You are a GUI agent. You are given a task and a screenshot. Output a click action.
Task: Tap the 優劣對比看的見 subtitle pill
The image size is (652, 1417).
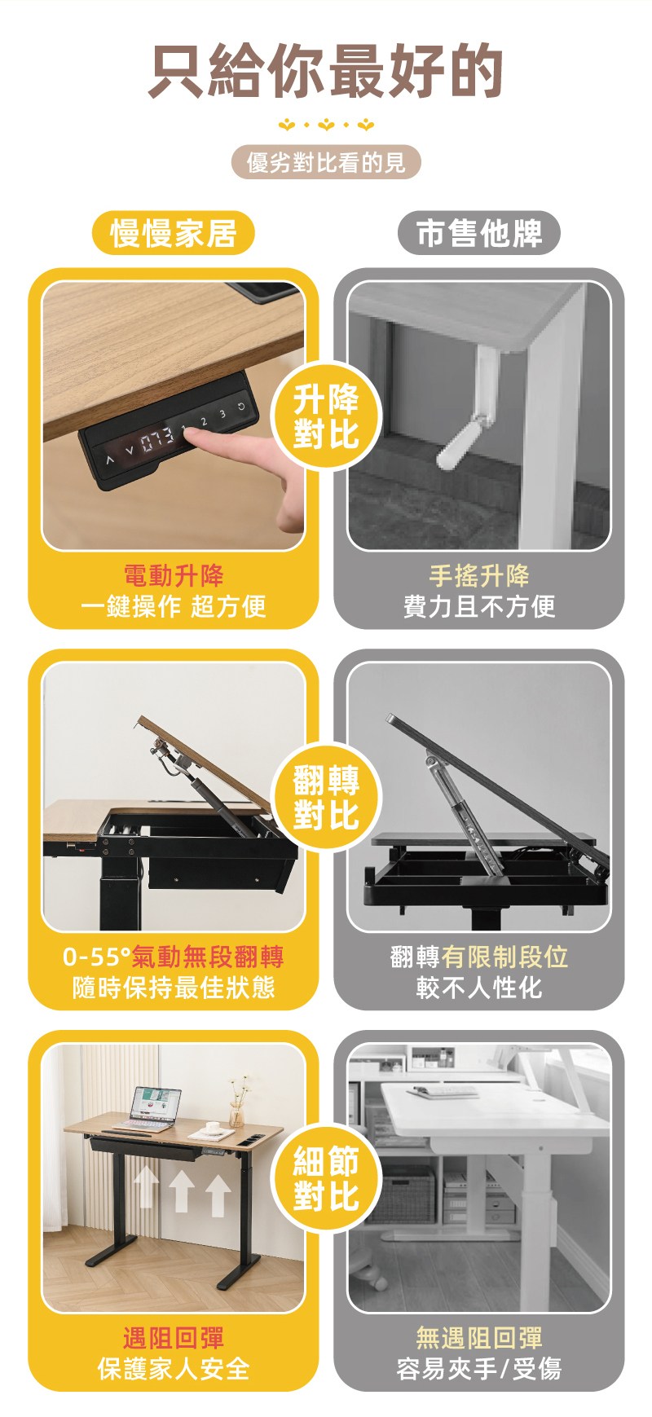[326, 163]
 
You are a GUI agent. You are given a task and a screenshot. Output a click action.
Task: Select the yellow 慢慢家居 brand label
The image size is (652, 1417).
[173, 234]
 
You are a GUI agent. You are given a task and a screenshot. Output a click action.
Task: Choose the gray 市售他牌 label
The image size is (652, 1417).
[479, 233]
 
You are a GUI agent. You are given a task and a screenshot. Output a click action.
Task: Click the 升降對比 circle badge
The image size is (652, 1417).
[326, 417]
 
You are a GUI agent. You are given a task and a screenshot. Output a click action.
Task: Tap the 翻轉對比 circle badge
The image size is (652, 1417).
[326, 798]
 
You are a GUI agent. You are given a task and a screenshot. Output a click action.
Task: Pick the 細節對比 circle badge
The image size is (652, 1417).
[326, 1179]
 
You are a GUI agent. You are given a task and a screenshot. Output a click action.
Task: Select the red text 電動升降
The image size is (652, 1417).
[174, 576]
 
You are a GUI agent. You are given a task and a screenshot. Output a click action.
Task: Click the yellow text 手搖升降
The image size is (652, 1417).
[479, 576]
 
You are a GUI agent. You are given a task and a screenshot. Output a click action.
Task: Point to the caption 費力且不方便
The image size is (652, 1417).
[479, 606]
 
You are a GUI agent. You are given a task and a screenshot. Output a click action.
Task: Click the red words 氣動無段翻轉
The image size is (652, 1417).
[208, 957]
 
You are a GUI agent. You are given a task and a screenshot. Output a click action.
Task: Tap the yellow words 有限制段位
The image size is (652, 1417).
[504, 957]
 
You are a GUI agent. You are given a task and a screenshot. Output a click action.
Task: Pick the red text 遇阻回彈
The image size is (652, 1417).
[174, 1338]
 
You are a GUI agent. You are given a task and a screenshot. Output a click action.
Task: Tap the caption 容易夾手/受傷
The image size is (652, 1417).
[479, 1368]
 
